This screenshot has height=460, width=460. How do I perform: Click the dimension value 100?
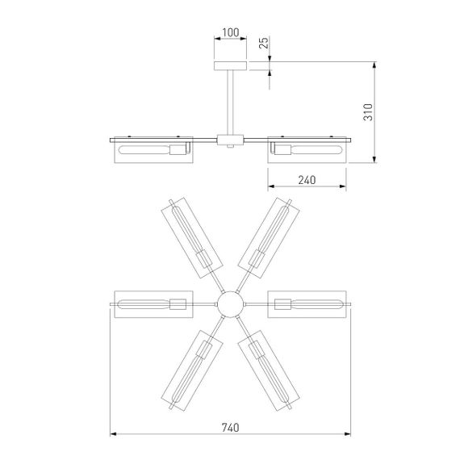click(230, 33)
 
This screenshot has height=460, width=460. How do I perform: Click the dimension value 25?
click(264, 43)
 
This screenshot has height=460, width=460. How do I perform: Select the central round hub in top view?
click(230, 304)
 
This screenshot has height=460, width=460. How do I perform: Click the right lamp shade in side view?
click(307, 149)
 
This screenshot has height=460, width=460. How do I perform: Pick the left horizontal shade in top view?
click(152, 304)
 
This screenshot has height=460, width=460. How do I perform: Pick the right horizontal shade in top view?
click(308, 304)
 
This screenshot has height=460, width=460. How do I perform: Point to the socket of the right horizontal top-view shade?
click(282, 304)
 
